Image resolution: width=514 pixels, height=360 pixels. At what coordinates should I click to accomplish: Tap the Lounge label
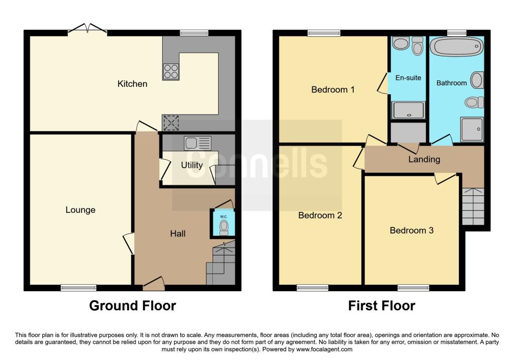click(x=80, y=210)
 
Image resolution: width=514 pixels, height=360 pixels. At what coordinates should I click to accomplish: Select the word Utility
click(x=192, y=165)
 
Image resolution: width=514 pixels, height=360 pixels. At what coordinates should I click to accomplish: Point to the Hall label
click(x=178, y=233)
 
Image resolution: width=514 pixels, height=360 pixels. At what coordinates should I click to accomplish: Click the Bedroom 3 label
click(x=412, y=230)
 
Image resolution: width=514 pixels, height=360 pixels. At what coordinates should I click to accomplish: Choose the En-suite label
click(x=408, y=78)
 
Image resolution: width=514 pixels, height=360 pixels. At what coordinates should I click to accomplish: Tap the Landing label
click(x=424, y=160)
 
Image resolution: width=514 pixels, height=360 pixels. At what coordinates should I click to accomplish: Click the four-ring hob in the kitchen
click(x=171, y=72)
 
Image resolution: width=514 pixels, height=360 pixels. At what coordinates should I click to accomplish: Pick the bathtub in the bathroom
click(x=457, y=48)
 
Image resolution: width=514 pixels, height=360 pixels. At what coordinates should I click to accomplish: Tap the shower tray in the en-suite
click(x=408, y=110)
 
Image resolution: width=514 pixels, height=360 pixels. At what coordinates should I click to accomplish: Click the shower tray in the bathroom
click(x=471, y=130)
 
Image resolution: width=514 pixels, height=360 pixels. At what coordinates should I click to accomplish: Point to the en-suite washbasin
click(x=401, y=44)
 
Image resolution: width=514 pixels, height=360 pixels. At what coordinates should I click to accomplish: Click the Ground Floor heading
click(x=133, y=305)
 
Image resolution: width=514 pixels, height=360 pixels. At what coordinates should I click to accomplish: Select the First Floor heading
click(x=382, y=305)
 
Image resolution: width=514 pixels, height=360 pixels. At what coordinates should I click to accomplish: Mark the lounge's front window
click(x=78, y=288)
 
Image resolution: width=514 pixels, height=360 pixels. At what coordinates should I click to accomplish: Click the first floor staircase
click(x=472, y=206)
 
